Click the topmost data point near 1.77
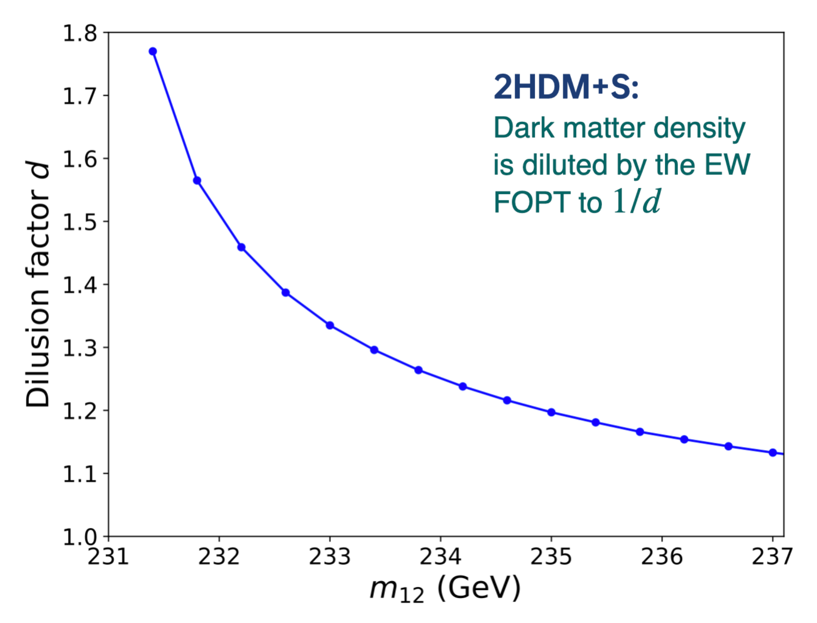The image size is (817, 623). click(153, 51)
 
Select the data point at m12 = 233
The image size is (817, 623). click(330, 325)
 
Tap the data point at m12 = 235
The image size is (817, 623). click(551, 412)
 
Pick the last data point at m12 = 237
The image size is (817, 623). click(772, 453)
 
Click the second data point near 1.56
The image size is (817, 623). click(197, 181)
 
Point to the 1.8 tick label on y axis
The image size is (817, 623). click(80, 33)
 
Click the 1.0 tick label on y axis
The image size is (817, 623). click(80, 537)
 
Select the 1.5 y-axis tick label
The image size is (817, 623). click(80, 222)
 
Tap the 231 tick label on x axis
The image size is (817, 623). click(108, 556)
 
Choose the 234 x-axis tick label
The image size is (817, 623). click(440, 556)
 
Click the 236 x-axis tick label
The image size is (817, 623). click(662, 556)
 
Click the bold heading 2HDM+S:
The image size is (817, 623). click(566, 87)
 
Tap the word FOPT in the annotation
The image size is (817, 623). click(532, 202)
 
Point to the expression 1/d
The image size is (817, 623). click(636, 201)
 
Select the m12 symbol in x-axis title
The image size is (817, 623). click(396, 589)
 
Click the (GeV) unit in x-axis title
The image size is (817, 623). click(479, 588)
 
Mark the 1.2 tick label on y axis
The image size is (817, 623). click(80, 411)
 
